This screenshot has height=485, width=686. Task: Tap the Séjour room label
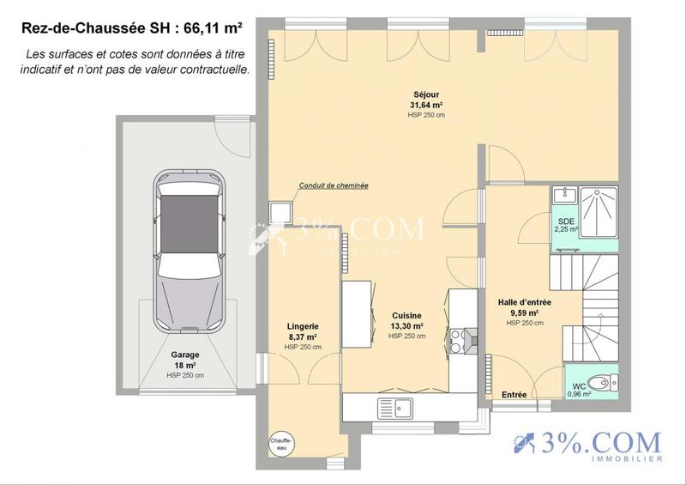(x=426, y=96)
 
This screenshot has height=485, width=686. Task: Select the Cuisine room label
(x=406, y=316)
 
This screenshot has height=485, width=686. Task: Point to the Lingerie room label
(x=303, y=326)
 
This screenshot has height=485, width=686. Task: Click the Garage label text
(x=184, y=355)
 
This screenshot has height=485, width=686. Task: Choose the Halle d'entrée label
(x=524, y=302)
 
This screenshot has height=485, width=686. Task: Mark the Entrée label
(x=514, y=394)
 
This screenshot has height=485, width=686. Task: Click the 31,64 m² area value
(x=426, y=106)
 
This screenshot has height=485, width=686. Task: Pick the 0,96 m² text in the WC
(x=581, y=394)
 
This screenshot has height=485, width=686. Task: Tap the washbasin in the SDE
(x=564, y=195)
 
